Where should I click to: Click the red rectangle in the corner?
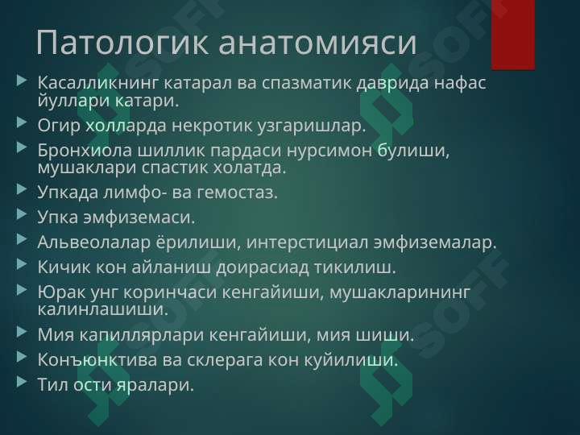pyautogui.click(x=512, y=35)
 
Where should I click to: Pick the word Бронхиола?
pyautogui.click(x=85, y=150)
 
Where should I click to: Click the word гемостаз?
pyautogui.click(x=237, y=193)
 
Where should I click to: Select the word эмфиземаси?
pyautogui.click(x=139, y=217)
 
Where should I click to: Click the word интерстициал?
pyautogui.click(x=307, y=242)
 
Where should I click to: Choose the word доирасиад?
pyautogui.click(x=263, y=267)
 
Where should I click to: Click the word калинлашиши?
pyautogui.click(x=102, y=309)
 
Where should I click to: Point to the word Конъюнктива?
pyautogui.click(x=97, y=359)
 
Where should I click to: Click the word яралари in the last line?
pyautogui.click(x=155, y=385)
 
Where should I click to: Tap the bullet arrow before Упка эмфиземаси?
pyautogui.click(x=22, y=214)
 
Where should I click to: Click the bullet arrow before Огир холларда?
pyautogui.click(x=22, y=122)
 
